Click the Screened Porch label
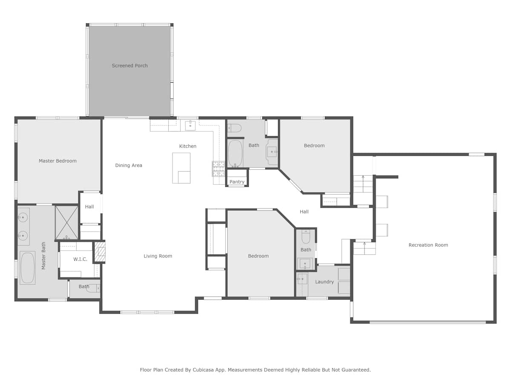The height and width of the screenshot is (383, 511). [129, 66]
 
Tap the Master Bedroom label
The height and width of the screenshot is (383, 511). [57, 161]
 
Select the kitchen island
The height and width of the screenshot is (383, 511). [181, 168]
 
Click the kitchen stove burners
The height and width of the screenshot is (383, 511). [218, 169]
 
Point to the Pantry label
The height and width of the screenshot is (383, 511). [237, 182]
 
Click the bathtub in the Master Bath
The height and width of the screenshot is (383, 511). [28, 268]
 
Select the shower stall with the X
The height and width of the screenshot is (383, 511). [67, 223]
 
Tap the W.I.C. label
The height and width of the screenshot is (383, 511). [80, 259]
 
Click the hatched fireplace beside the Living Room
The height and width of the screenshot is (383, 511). [100, 252]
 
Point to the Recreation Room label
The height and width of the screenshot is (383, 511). [428, 245]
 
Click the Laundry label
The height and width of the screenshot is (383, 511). [324, 282]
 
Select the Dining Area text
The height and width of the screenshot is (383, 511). [129, 165]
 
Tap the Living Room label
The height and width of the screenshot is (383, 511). [158, 256]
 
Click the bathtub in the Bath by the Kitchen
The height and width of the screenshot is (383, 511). [235, 153]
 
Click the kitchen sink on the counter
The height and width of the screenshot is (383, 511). [190, 125]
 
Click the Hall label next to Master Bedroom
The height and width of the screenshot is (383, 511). [89, 206]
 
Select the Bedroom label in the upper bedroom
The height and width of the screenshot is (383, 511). [314, 146]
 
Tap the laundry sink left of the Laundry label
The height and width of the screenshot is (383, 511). [302, 279]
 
